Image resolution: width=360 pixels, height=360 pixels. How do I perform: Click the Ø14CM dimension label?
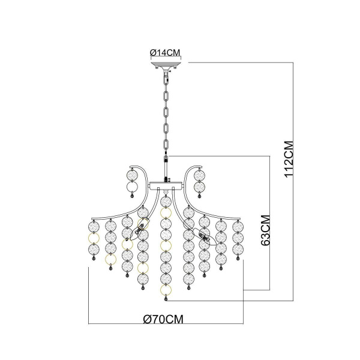point(165,53)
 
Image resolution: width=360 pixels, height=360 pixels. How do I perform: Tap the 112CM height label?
point(289,158)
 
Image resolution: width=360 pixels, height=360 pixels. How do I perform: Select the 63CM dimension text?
point(265,230)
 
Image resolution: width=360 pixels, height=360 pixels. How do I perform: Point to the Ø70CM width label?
point(163,319)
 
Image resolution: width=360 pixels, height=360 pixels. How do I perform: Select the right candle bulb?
point(205,236)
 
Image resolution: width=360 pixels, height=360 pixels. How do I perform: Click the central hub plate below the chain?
point(166,186)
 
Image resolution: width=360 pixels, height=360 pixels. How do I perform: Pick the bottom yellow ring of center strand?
point(166,290)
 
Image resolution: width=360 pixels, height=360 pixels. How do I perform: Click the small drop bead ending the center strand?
point(166,299)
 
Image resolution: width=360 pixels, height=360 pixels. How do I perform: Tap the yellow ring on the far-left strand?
point(94,238)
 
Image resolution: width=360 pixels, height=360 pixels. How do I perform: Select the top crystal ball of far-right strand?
point(238,227)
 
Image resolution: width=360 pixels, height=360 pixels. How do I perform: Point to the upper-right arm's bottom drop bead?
point(199,196)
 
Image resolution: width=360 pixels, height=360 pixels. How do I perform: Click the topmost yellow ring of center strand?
point(166,213)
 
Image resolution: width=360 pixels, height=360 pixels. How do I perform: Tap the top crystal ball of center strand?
point(166,202)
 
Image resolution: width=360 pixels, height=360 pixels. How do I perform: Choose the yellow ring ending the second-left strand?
point(110,259)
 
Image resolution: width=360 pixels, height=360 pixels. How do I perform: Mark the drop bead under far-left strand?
point(94,258)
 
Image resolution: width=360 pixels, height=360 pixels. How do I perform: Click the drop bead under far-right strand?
point(238,258)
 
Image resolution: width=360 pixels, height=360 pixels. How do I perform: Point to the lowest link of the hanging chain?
point(166,145)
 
